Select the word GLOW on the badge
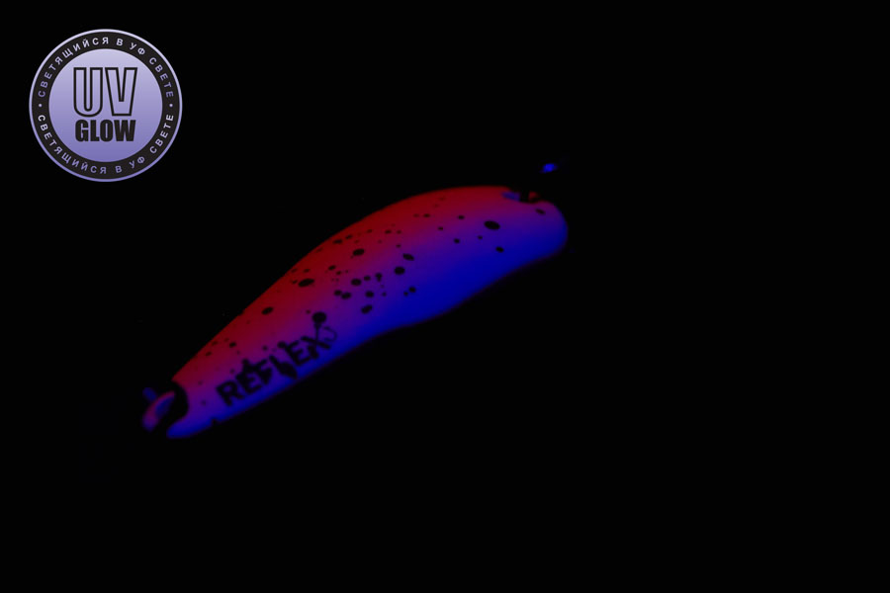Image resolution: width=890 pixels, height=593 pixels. click(x=106, y=129)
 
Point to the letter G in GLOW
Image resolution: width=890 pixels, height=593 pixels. click(x=83, y=129)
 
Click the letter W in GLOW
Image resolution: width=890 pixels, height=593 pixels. click(x=125, y=129)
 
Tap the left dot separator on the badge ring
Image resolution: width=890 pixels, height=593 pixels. click(x=40, y=106)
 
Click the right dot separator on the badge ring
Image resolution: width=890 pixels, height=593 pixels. click(x=171, y=106)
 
